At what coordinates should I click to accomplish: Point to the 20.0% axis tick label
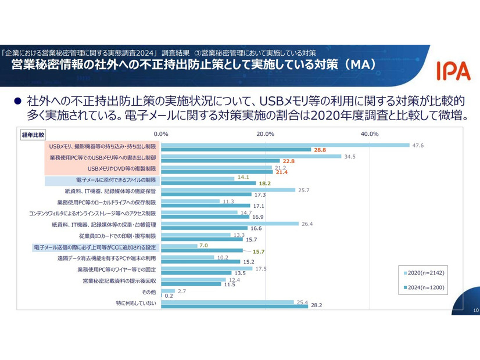266,134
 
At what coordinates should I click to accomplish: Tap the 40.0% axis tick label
370,134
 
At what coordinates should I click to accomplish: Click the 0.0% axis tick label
161,134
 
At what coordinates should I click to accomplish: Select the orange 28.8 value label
321,150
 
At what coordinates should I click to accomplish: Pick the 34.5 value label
350,156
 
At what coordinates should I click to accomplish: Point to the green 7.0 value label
203,246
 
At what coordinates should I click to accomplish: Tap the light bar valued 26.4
230,224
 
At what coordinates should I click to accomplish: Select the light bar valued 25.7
228,190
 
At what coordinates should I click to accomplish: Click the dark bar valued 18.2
208,183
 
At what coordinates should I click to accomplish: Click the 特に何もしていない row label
137,303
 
